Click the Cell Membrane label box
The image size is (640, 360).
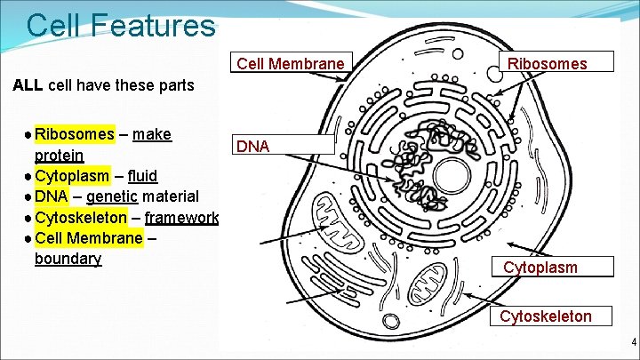(289, 63)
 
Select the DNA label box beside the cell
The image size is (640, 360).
(284, 146)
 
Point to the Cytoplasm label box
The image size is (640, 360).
(540, 267)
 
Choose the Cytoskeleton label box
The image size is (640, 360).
(546, 316)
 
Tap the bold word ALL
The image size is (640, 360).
(28, 86)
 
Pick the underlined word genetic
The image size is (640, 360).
(112, 196)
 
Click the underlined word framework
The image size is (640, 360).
(181, 217)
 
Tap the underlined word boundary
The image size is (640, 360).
(68, 259)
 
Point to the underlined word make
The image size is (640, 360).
(152, 134)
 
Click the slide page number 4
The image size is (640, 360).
(634, 343)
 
